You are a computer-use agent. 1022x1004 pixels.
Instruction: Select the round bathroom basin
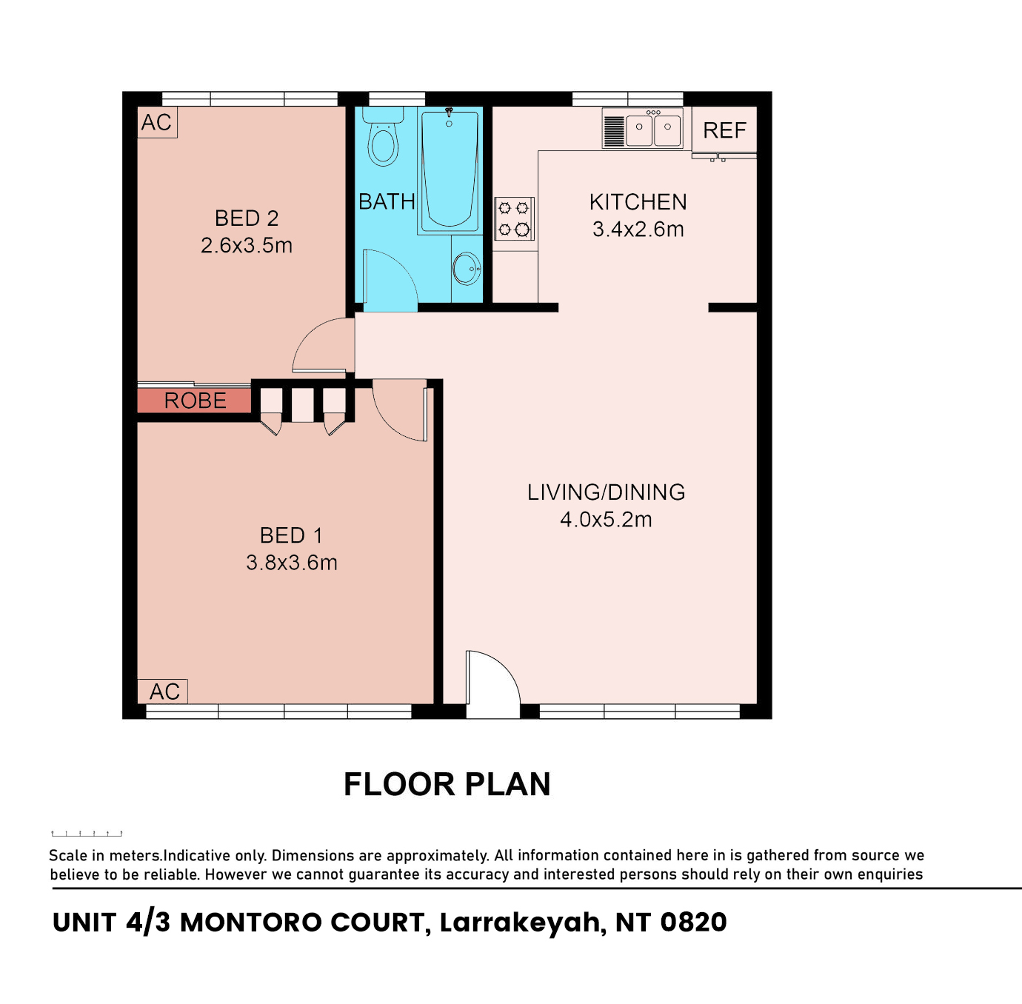[x=467, y=269]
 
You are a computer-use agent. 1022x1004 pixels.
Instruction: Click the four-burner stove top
[x=514, y=218]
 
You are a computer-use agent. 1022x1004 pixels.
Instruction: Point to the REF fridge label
[x=724, y=130]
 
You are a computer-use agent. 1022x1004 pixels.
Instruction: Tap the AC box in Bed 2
[x=157, y=122]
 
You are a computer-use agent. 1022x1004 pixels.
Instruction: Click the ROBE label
[x=196, y=401]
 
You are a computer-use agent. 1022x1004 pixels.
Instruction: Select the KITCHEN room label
[x=638, y=202]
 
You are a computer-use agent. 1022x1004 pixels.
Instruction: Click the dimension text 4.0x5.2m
[x=607, y=520]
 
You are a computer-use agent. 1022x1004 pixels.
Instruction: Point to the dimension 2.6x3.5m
[x=247, y=246]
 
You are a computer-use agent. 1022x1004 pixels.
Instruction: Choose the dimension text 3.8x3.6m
[x=292, y=563]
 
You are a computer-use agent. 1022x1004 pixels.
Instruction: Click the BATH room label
[x=387, y=202]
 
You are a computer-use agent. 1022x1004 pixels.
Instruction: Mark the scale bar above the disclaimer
[x=87, y=833]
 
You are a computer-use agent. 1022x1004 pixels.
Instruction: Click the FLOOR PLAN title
[x=447, y=784]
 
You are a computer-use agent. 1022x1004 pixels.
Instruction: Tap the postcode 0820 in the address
[x=693, y=923]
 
